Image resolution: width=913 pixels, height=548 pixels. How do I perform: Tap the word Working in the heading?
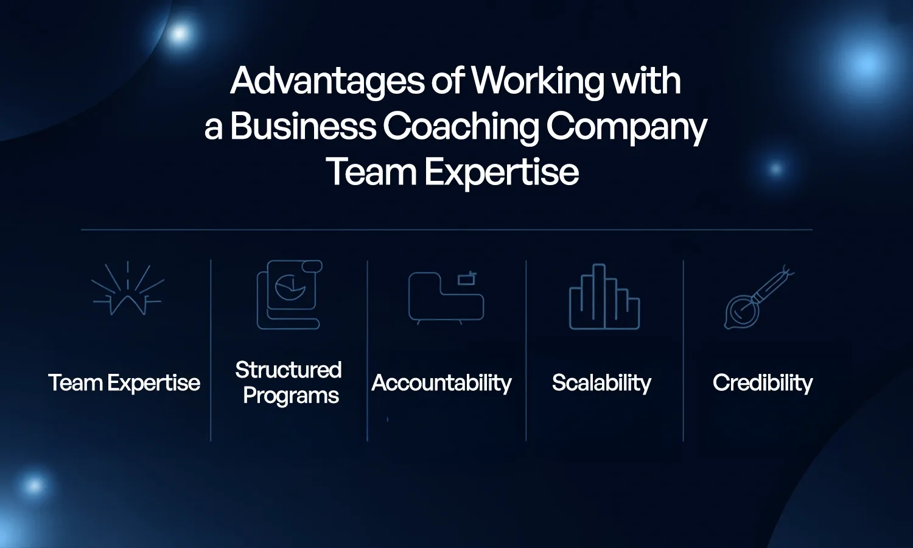click(537, 82)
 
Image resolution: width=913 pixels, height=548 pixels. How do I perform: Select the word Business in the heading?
click(303, 127)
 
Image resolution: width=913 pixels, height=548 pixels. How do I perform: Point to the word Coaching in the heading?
click(461, 127)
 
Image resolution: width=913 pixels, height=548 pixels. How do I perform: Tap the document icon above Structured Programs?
click(289, 295)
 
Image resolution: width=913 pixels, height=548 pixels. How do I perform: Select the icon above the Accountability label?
click(446, 297)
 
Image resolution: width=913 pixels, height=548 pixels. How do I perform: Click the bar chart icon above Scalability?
click(604, 297)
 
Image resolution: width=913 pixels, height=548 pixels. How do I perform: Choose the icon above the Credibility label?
click(758, 297)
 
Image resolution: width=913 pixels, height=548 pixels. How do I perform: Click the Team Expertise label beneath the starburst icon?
click(124, 383)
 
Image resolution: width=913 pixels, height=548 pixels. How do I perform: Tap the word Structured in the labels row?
click(289, 370)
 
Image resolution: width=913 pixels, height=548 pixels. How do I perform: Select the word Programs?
click(291, 396)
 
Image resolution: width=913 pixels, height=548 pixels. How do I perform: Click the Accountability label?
click(441, 383)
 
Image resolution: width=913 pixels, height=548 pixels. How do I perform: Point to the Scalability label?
click(601, 383)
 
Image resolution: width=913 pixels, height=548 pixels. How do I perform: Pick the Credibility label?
click(763, 383)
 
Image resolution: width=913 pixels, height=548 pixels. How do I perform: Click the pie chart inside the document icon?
click(290, 287)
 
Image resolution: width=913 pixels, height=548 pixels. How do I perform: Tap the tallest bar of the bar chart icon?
click(600, 296)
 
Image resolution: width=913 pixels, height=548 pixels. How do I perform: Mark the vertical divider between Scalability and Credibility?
click(684, 351)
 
